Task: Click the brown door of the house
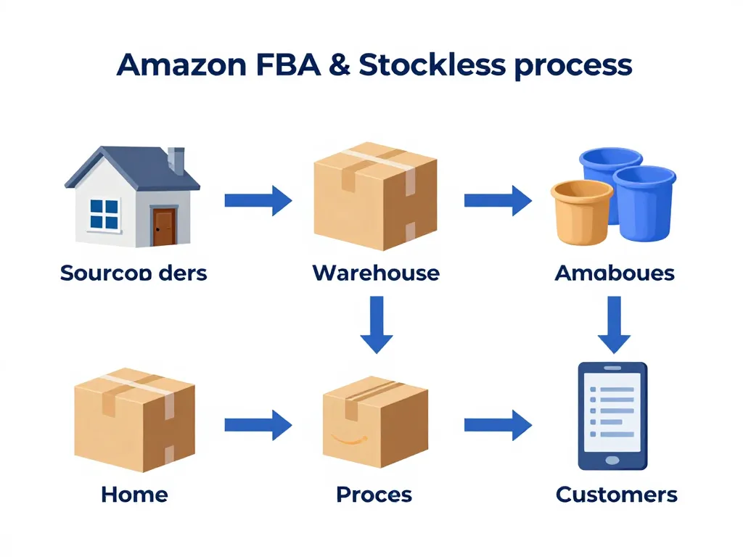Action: point(164,226)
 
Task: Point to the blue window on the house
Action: point(104,214)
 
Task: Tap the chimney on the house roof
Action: point(176,160)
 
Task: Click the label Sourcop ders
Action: point(134,273)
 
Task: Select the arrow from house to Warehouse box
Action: point(258,199)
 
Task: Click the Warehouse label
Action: point(375,273)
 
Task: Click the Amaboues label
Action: point(614,273)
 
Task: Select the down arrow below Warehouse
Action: point(376,323)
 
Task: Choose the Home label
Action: point(134,495)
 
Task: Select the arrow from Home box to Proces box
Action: point(258,424)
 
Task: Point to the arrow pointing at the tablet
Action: point(497,424)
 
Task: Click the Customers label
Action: point(616,495)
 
